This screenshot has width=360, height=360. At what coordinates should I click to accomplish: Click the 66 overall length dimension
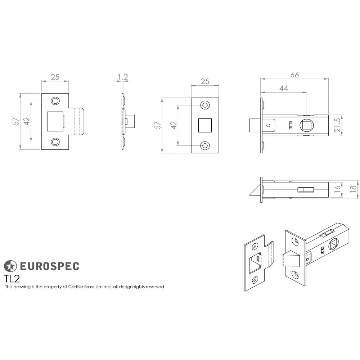pyautogui.click(x=294, y=75)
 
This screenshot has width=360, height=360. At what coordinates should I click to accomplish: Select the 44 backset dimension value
pyautogui.click(x=284, y=88)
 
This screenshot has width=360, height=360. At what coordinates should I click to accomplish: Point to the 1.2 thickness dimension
pyautogui.click(x=123, y=77)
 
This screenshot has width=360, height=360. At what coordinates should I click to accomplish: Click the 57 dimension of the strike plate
pyautogui.click(x=15, y=121)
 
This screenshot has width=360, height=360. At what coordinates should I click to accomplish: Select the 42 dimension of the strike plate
pyautogui.click(x=26, y=121)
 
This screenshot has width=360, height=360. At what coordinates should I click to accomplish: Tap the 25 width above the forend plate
pyautogui.click(x=205, y=82)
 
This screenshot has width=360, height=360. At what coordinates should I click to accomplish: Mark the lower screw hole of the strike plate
pyautogui.click(x=55, y=142)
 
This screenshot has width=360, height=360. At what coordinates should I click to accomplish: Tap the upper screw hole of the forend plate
pyautogui.click(x=205, y=105)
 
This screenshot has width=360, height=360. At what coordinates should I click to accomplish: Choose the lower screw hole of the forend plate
pyautogui.click(x=205, y=145)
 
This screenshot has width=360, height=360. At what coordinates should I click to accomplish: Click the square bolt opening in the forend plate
pyautogui.click(x=205, y=125)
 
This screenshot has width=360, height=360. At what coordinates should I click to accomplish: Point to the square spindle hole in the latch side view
pyautogui.click(x=306, y=125)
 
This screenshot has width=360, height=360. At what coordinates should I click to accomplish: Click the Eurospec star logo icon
pyautogui.click(x=10, y=266)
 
